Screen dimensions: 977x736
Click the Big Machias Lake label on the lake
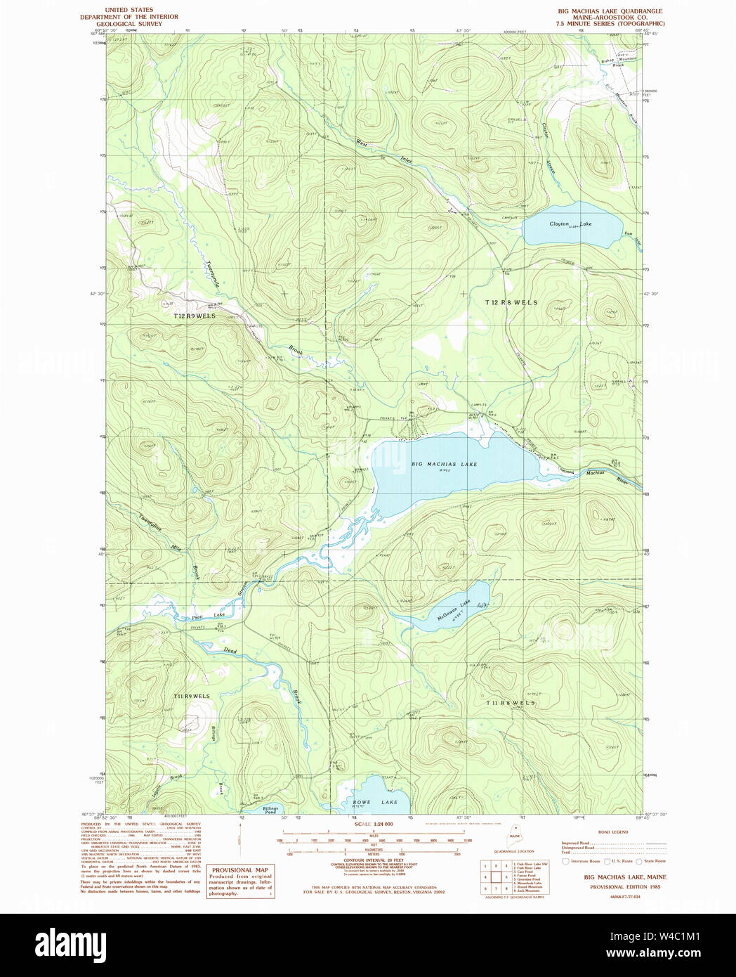click(x=444, y=464)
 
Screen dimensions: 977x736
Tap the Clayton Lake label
click(x=570, y=224)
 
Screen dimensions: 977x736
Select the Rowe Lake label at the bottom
click(x=375, y=802)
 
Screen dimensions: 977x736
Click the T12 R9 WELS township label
click(x=195, y=316)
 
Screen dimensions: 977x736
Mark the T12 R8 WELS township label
click(x=511, y=302)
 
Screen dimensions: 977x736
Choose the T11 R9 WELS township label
click(x=191, y=696)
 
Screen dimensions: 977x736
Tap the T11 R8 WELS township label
click(x=511, y=703)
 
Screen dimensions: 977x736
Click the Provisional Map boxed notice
click(x=239, y=881)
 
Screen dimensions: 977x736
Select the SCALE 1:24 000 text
click(x=374, y=824)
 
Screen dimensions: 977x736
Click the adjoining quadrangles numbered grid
click(x=494, y=877)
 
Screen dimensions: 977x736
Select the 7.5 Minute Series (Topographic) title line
click(x=610, y=24)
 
